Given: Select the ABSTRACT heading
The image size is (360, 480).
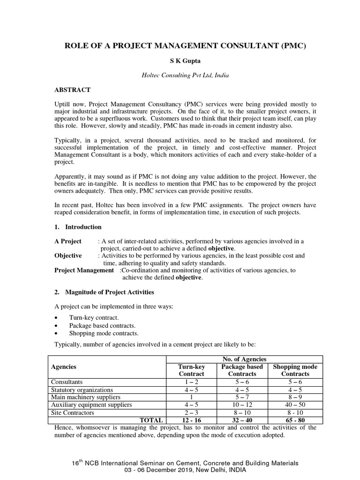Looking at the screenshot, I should pyautogui.click(x=72, y=90).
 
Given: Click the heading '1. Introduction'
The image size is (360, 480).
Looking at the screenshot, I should pyautogui.click(x=78, y=227).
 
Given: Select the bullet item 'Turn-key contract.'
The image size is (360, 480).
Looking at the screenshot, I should pyautogui.click(x=90, y=317).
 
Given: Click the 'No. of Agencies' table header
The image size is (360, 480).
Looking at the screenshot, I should pyautogui.click(x=242, y=359).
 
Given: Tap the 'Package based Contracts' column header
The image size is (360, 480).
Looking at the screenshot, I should pyautogui.click(x=242, y=370).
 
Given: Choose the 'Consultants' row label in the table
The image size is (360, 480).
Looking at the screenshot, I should pyautogui.click(x=67, y=382).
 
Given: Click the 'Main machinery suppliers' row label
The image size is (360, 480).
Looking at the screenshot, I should pyautogui.click(x=82, y=397).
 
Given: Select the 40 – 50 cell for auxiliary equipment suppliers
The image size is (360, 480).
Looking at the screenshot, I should pyautogui.click(x=295, y=405).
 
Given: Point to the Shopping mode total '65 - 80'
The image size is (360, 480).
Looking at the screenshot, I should pyautogui.click(x=295, y=420).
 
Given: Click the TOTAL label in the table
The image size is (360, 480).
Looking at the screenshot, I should pyautogui.click(x=150, y=420).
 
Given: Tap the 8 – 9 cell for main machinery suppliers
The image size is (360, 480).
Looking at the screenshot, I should pyautogui.click(x=295, y=397).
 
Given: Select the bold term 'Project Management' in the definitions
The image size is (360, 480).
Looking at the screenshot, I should pyautogui.click(x=84, y=270).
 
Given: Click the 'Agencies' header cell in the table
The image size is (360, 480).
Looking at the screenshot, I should pyautogui.click(x=64, y=367).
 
